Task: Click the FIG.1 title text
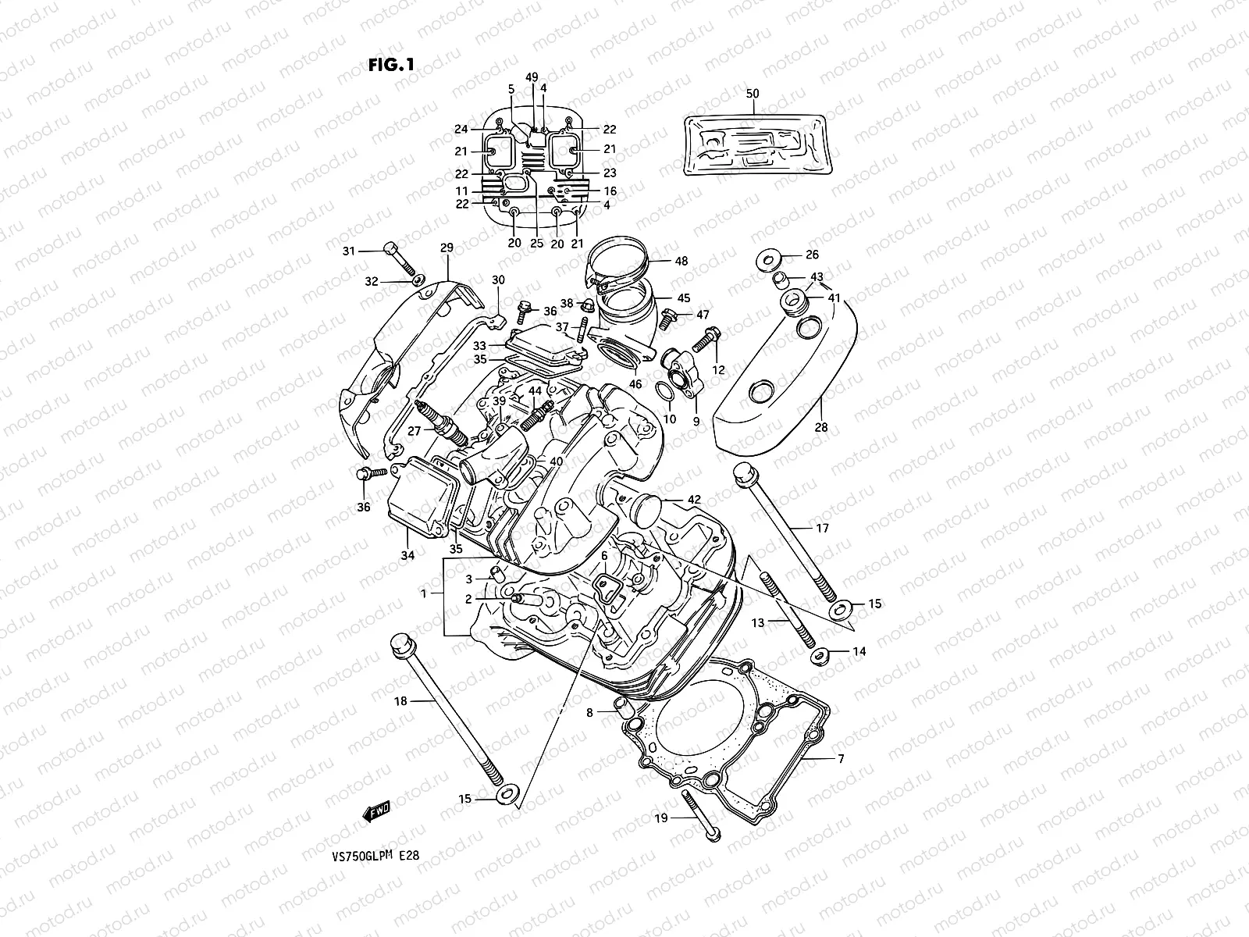click(x=390, y=65)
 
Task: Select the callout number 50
click(x=752, y=93)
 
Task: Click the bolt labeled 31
click(x=398, y=258)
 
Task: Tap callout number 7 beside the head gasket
click(x=841, y=759)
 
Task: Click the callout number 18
click(x=400, y=701)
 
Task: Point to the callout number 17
click(x=822, y=529)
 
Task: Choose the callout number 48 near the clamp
click(x=681, y=262)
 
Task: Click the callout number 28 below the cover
click(x=821, y=427)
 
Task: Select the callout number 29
click(x=447, y=248)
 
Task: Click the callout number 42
click(x=693, y=500)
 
